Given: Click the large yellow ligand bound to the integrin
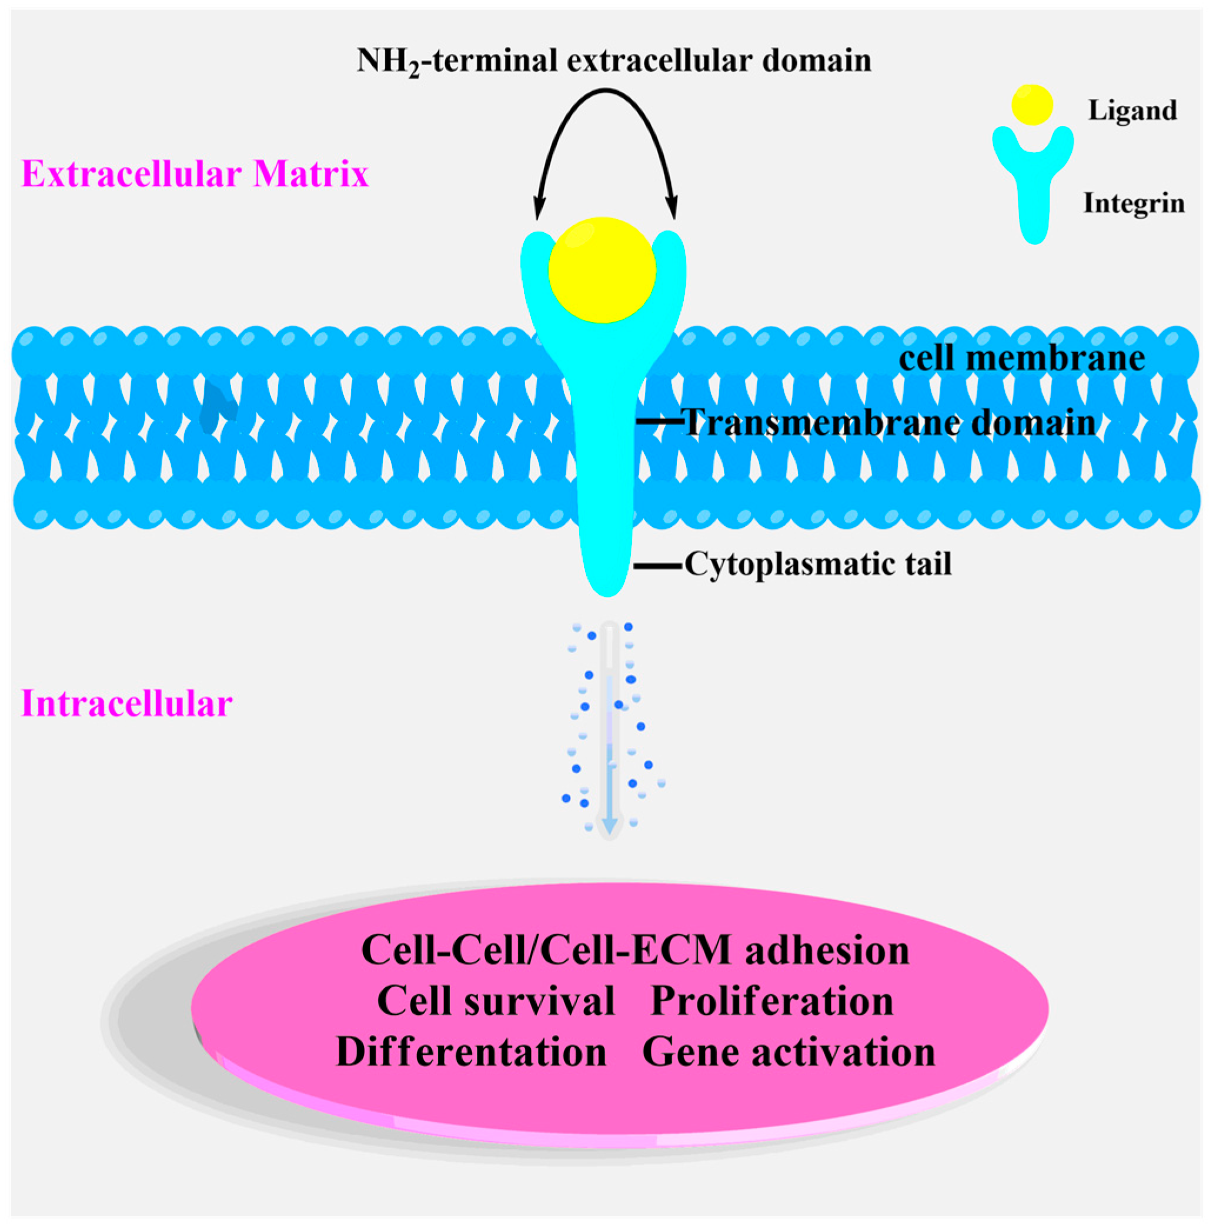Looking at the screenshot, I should click(x=602, y=270).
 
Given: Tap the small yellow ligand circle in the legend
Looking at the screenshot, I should click(x=1032, y=105).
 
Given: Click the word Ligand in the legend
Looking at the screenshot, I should click(x=1132, y=111).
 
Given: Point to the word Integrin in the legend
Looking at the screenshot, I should click(x=1134, y=203).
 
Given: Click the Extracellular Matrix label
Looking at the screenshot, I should click(x=195, y=174).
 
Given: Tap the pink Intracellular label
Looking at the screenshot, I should click(x=126, y=704).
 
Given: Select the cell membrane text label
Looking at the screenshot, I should click(x=1021, y=358).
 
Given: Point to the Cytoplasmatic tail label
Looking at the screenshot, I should click(x=818, y=564).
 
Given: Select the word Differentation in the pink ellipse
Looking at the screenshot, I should click(x=471, y=1052).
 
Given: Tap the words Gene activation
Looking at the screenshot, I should click(x=788, y=1052).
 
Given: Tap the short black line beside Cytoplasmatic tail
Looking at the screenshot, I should click(x=657, y=564).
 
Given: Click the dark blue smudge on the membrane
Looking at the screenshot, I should click(x=216, y=407).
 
